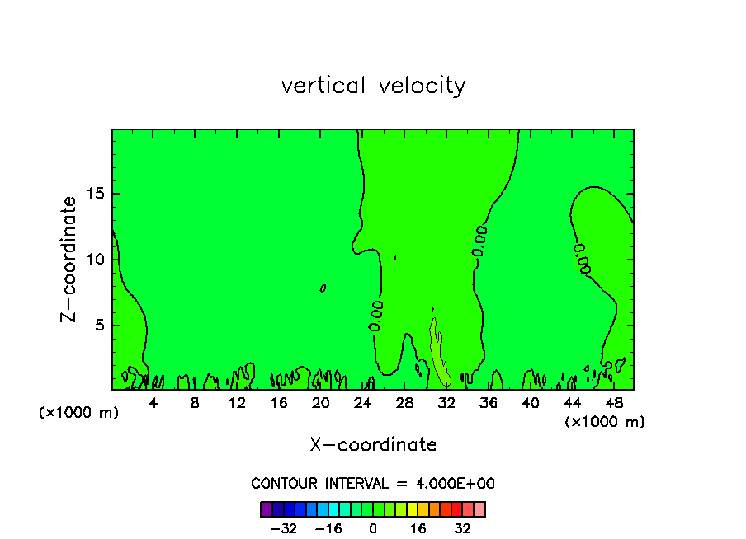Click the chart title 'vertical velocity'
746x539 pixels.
373,86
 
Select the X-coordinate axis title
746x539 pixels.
373,445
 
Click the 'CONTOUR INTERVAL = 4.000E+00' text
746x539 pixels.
373,484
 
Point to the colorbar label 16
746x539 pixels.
419,529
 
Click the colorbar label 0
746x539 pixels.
373,529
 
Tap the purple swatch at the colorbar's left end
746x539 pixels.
266,509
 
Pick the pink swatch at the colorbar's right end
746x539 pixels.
479,509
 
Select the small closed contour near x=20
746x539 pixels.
323,288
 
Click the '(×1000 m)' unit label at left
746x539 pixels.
79,413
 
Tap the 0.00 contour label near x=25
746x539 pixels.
376,316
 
